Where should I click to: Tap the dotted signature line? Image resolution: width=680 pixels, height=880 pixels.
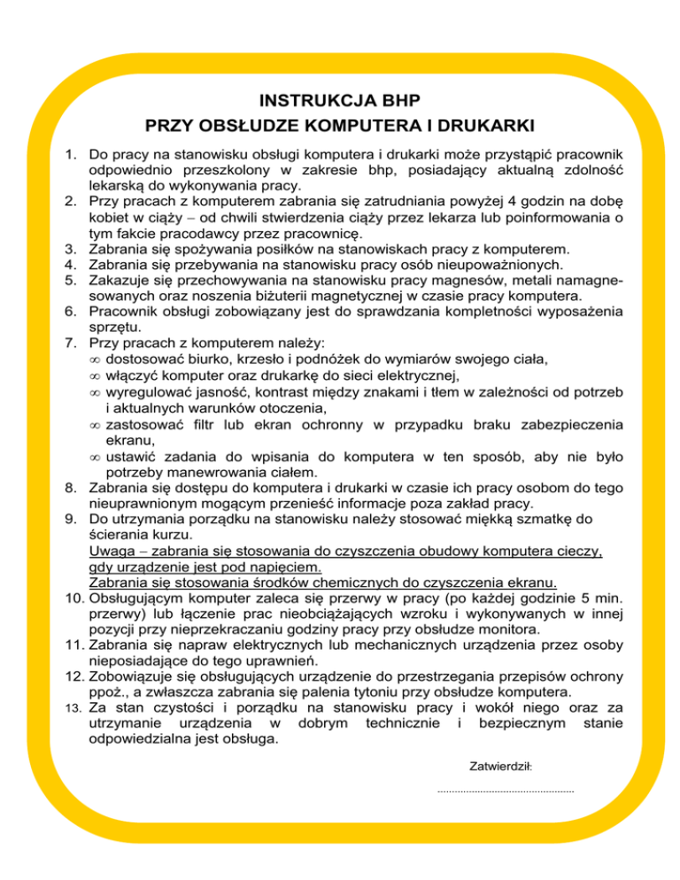506,790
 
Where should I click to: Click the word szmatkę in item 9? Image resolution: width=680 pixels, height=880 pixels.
507,520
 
